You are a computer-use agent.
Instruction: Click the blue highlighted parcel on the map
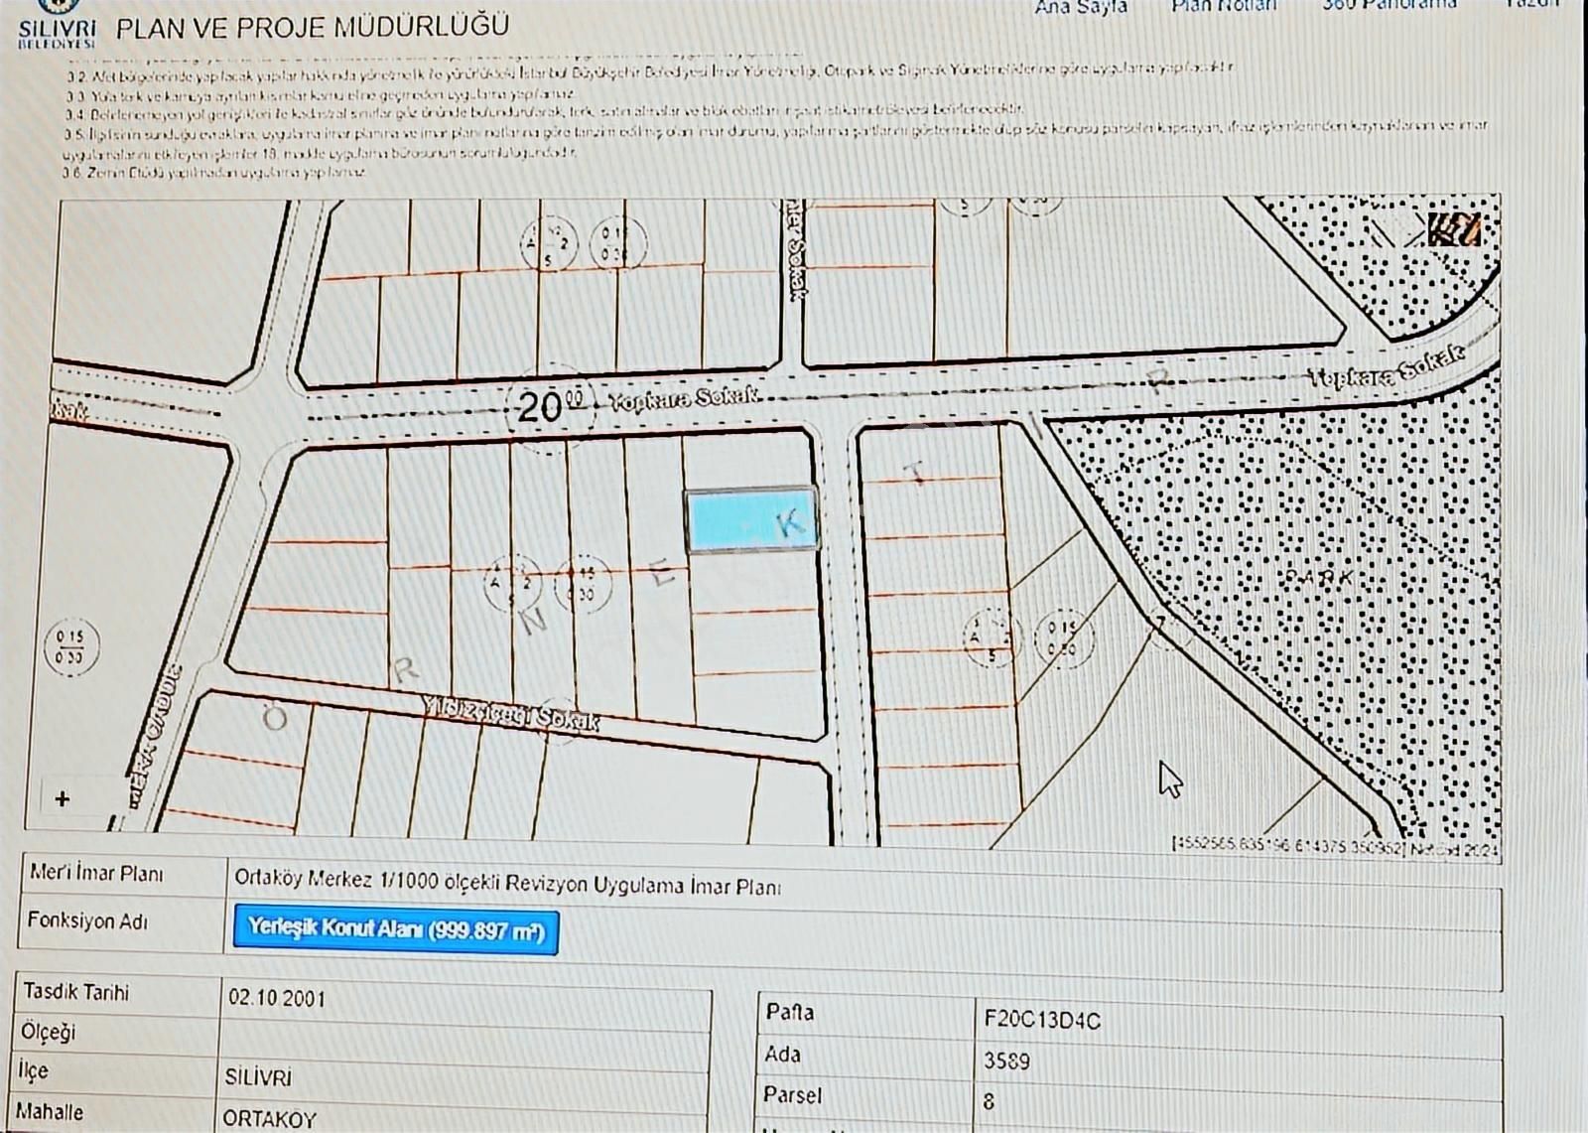coord(751,519)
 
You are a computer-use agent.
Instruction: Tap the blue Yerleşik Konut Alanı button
coord(396,929)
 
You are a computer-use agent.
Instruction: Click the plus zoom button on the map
coord(63,799)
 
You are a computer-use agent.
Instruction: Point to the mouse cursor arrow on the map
coord(1169,779)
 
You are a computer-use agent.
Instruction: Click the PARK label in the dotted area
coord(1318,577)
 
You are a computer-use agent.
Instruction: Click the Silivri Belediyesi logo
coord(57,24)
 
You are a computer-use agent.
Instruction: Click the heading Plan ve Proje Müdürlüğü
coord(313,27)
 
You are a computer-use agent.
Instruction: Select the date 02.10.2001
coord(277,998)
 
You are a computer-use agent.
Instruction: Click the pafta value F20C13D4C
coord(1042,1020)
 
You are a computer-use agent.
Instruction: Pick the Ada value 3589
coord(1006,1061)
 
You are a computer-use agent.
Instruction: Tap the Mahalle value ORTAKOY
coord(269,1118)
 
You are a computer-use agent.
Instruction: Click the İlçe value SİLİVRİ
coord(258,1077)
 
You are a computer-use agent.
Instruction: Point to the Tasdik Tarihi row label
coord(76,992)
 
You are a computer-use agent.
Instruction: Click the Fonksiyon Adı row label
coord(87,921)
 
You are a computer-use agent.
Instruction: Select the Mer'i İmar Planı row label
coord(96,874)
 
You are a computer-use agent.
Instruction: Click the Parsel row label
coord(792,1095)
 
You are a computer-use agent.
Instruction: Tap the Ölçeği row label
coord(48,1032)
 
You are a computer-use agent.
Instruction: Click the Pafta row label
coord(790,1012)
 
